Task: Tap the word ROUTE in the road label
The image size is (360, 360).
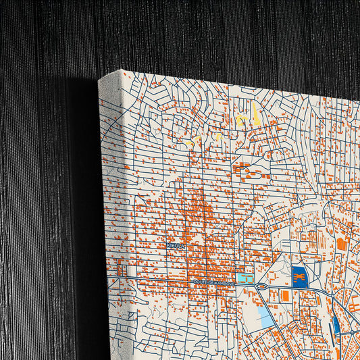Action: coord(201,282)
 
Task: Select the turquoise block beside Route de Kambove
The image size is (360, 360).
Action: coord(245,278)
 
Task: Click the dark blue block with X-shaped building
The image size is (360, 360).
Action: coord(299,276)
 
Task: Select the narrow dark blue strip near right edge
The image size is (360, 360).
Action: coord(336,325)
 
